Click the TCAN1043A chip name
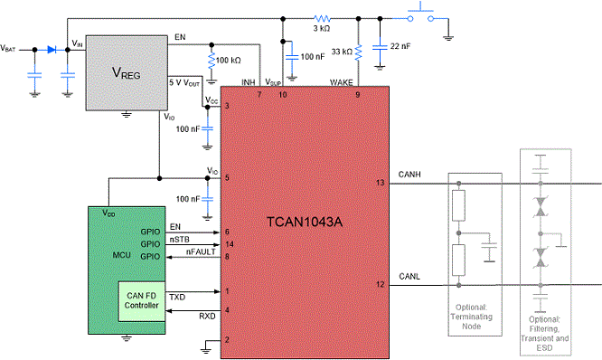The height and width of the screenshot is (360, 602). coord(305,222)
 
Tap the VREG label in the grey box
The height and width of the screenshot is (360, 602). coord(127,72)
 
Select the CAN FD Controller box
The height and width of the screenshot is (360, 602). coord(142,301)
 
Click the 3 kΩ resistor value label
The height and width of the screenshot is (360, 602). coord(322,28)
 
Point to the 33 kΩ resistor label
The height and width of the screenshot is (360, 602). coord(342,52)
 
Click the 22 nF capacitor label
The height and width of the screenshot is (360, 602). coord(400,46)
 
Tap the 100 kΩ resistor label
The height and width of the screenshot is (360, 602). coord(229,61)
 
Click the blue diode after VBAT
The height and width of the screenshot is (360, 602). coord(52,50)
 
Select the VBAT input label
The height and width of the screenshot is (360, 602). coord(8,49)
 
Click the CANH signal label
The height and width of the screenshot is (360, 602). coord(409,175)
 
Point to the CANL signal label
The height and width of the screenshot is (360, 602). coord(409,276)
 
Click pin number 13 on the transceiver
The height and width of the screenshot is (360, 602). coord(380,183)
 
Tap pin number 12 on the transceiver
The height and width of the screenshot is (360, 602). coord(380,284)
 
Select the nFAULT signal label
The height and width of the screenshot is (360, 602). coord(201,251)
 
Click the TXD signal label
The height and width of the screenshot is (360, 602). coord(177,298)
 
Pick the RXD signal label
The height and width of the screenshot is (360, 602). coord(207,317)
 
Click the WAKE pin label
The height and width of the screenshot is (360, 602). coord(342,82)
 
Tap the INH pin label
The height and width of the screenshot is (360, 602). coord(249,82)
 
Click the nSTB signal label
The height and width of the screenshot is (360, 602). coord(180,240)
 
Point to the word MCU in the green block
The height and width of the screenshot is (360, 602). coord(122,255)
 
